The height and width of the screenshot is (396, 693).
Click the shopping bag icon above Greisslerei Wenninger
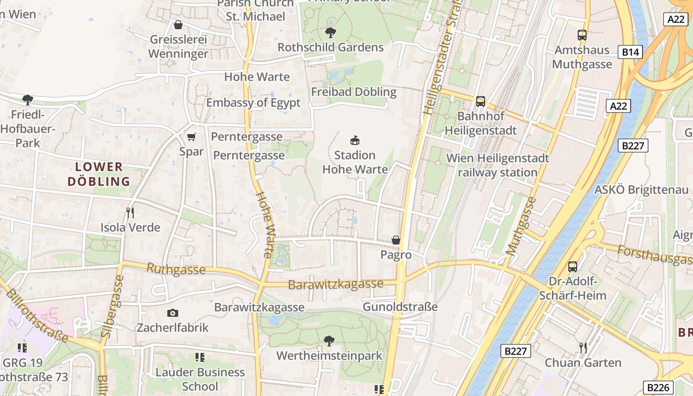pos(178,25)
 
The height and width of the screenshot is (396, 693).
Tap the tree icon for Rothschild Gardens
pos(331,33)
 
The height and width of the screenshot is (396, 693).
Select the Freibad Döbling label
pos(353,92)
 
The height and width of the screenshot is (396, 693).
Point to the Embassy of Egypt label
pos(253,102)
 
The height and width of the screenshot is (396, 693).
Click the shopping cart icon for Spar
pos(192,137)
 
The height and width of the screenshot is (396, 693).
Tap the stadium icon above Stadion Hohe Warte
pos(355,140)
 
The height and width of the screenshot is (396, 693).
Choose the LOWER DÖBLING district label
pos(99,174)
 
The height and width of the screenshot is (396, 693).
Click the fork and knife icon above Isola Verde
pos(130,213)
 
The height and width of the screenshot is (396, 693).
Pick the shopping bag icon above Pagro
pos(396,240)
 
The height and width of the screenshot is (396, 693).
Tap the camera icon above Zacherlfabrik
pos(172,313)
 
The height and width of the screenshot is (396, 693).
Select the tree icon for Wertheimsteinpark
pos(329,341)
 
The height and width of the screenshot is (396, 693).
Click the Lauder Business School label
pos(200,379)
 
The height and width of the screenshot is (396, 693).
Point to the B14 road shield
pos(630,52)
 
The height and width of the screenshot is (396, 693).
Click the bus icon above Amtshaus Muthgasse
pos(582,35)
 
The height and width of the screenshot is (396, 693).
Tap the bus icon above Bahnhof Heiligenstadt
pos(480,101)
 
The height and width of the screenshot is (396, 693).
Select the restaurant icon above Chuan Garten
pos(583,347)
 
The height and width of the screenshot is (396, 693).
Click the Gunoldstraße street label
pos(400,307)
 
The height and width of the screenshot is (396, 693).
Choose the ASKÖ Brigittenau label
pos(641,190)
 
